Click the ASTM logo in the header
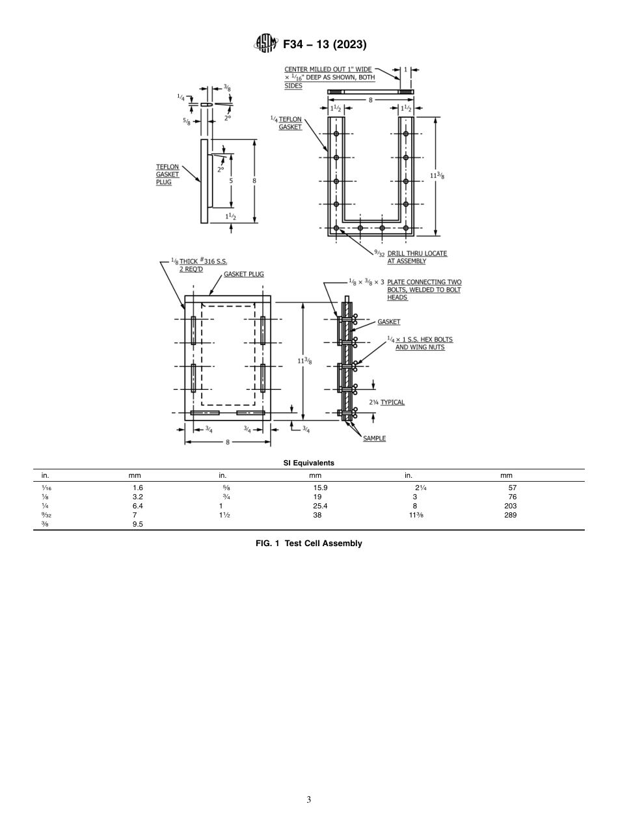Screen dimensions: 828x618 (265, 44)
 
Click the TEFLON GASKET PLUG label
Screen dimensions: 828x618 (167, 174)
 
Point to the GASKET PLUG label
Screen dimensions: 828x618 (243, 274)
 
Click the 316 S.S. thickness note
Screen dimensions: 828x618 (199, 265)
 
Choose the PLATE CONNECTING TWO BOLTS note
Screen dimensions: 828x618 (424, 290)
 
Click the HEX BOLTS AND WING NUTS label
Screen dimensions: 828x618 (420, 343)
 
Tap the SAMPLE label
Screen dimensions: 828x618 (374, 438)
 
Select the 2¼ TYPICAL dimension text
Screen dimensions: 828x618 (386, 402)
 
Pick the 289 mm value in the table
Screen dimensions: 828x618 (510, 515)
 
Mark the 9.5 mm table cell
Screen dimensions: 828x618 (137, 524)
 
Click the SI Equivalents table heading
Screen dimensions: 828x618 (308, 463)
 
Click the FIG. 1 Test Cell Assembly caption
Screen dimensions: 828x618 (308, 544)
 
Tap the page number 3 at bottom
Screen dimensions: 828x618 (308, 799)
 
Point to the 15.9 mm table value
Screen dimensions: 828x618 (319, 488)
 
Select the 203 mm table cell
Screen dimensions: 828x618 (510, 506)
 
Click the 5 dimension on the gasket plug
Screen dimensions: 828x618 (231, 181)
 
